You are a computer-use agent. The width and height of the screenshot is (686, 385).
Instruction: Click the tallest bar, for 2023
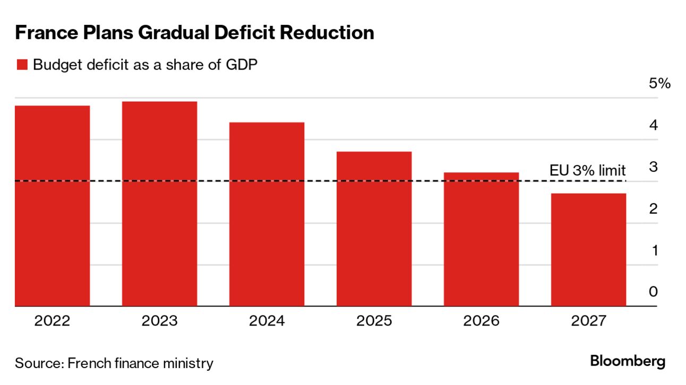click(x=159, y=204)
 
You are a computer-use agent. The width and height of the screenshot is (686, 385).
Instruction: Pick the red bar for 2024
click(x=267, y=214)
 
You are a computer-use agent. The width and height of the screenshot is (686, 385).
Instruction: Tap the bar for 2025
click(x=374, y=229)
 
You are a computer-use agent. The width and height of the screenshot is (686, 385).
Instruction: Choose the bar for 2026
click(x=481, y=239)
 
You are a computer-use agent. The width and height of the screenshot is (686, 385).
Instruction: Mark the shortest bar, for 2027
click(x=588, y=250)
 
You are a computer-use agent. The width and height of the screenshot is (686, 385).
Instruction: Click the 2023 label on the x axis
click(x=159, y=321)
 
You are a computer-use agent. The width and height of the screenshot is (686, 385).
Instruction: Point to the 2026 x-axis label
click(x=481, y=321)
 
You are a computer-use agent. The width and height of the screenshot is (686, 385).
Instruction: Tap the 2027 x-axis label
click(x=588, y=321)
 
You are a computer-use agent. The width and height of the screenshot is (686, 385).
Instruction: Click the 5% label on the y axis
click(x=659, y=84)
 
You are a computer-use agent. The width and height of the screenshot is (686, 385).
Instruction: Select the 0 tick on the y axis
click(x=653, y=292)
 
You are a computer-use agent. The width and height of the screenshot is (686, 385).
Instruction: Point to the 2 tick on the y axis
click(x=653, y=208)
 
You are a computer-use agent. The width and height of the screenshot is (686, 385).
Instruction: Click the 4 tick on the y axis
click(x=653, y=126)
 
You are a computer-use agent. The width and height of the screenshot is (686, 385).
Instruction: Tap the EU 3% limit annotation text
click(x=587, y=170)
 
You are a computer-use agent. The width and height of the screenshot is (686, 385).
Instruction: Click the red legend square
click(x=22, y=65)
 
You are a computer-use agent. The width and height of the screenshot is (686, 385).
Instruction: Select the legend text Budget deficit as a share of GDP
click(x=145, y=65)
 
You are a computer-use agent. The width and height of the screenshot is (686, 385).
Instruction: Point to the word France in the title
click(x=45, y=33)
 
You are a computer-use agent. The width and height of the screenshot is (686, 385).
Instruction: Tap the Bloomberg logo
click(x=628, y=362)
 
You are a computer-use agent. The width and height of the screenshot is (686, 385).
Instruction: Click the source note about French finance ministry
click(x=114, y=363)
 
